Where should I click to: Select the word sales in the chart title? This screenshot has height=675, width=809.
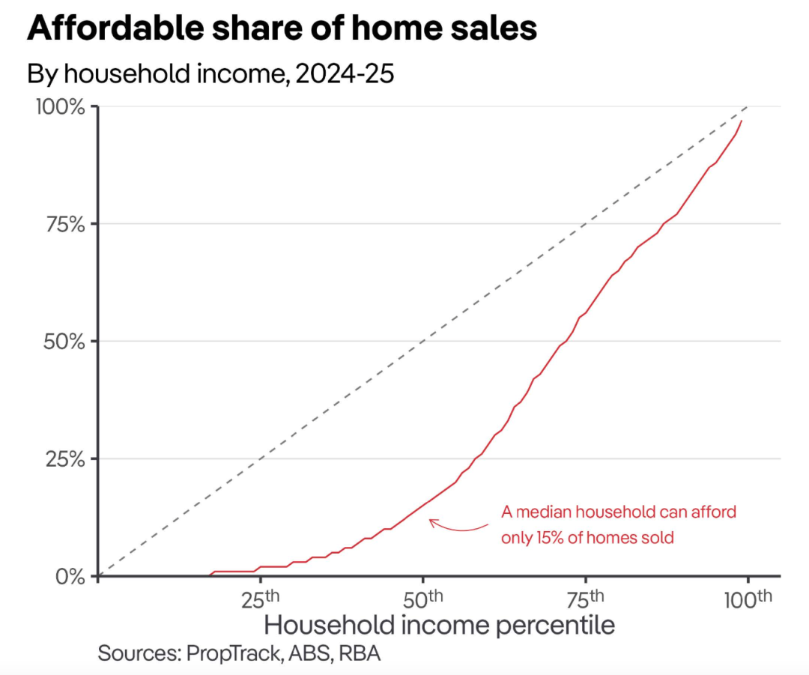point(491,28)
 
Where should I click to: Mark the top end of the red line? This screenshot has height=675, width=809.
point(742,121)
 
